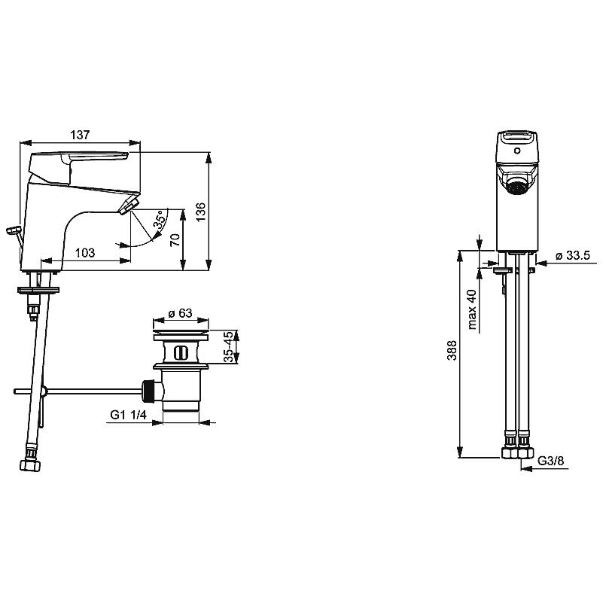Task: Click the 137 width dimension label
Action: [x=80, y=135]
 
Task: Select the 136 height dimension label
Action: [x=201, y=212]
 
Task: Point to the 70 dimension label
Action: [x=175, y=240]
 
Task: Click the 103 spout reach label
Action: [x=84, y=253]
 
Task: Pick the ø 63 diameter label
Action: [x=180, y=313]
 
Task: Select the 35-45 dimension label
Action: [x=228, y=346]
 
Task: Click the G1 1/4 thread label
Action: [x=129, y=415]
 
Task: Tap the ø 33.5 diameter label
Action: [x=573, y=255]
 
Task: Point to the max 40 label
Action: [x=472, y=309]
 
